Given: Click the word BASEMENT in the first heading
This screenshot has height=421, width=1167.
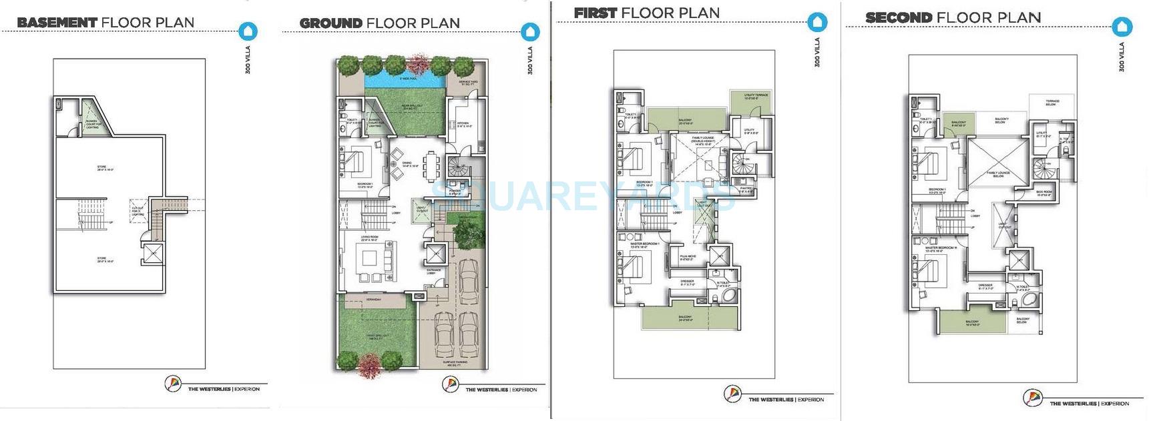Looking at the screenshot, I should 57,23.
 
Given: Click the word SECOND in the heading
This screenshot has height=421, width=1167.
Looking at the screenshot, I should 898,18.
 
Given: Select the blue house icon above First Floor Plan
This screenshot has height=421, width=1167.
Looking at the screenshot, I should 816,22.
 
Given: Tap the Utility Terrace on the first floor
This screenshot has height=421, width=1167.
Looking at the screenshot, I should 756,97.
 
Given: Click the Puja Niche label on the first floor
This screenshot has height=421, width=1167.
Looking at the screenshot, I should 688,258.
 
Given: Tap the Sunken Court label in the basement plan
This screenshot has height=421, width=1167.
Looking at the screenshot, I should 93,124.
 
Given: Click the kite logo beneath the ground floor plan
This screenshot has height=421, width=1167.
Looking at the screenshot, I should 450,384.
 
